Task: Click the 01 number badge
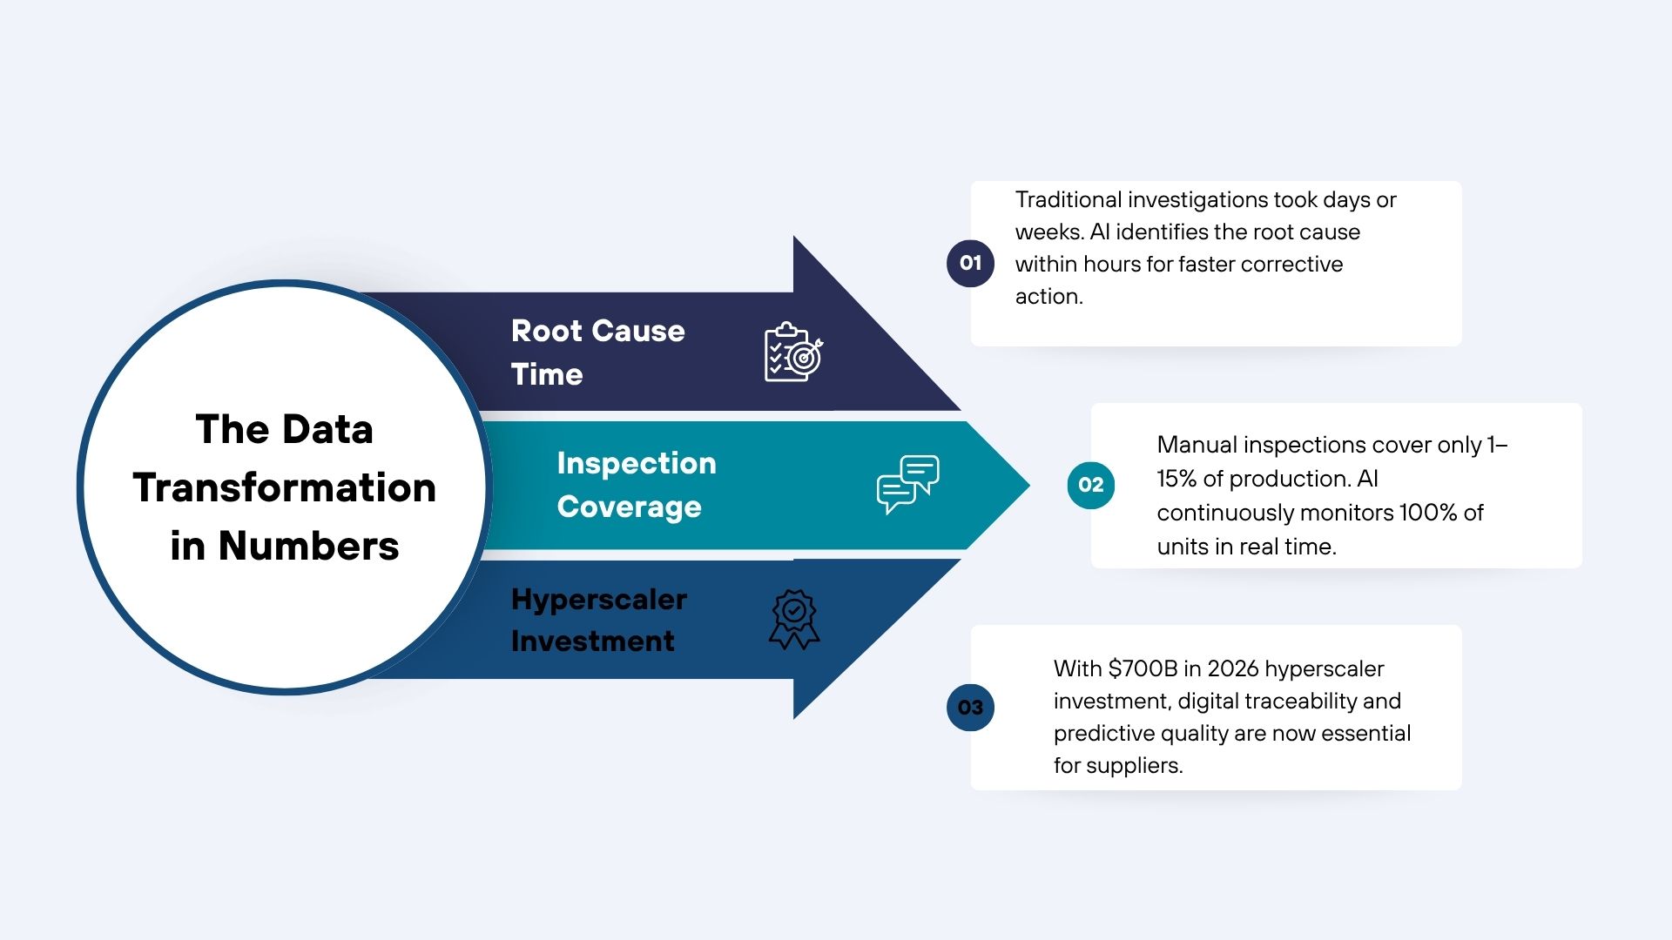970,263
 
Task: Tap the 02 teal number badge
1090,485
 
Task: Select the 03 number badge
970,708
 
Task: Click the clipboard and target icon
793,352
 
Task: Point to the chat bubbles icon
908,484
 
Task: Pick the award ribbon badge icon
794,620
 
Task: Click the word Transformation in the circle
285,487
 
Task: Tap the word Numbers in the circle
308,546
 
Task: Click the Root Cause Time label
598,352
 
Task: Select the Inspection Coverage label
637,485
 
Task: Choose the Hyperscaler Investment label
599,620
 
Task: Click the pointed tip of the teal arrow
1029,485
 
